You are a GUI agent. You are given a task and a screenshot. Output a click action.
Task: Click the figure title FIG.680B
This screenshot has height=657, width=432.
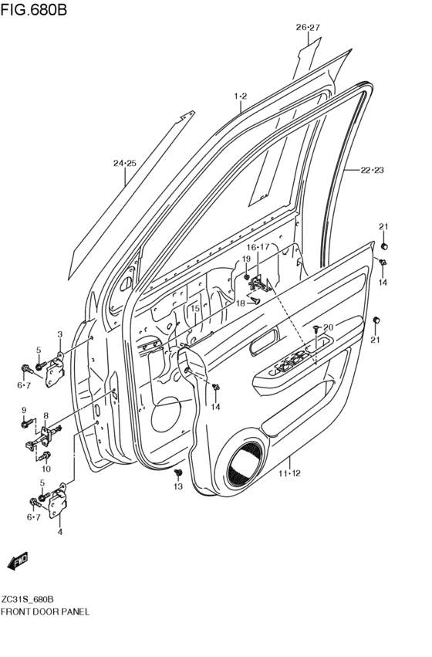pos(35,10)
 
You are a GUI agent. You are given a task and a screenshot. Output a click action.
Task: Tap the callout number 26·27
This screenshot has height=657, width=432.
pos(307,27)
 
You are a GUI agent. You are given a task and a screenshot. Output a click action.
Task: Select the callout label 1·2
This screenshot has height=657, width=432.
pos(240,96)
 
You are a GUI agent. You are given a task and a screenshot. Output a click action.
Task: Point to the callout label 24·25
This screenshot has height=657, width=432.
pos(124,163)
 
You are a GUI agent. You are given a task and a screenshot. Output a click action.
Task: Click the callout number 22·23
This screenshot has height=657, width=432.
pos(371,169)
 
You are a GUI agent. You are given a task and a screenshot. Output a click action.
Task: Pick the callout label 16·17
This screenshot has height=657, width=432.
pos(258,247)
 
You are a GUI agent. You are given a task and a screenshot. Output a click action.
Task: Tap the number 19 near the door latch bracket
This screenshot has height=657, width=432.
pos(246,259)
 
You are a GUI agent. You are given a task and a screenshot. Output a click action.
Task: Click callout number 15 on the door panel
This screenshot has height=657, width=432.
pos(195,309)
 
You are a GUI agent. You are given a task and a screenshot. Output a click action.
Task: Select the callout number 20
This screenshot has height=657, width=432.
pos(328,327)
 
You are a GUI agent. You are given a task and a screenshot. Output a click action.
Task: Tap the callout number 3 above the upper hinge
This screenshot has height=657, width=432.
pos(59,334)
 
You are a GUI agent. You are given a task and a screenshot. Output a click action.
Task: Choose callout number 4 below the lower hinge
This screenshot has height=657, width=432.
pos(59,531)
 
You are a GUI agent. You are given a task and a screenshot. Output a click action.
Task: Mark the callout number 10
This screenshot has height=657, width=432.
pos(46,469)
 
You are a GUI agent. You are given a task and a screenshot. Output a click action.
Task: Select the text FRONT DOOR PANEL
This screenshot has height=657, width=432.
pos(46,611)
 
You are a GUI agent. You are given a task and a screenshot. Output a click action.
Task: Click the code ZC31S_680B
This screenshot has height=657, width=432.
pos(33,599)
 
